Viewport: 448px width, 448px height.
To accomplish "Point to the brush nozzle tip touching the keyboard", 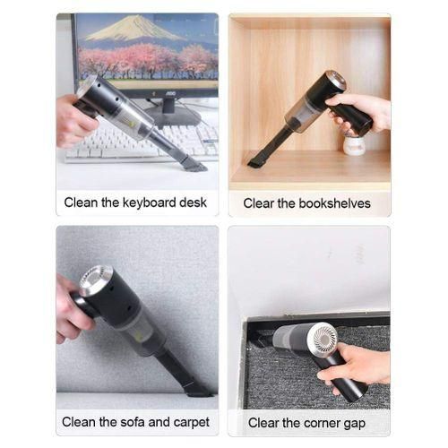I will coord(194,165).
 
